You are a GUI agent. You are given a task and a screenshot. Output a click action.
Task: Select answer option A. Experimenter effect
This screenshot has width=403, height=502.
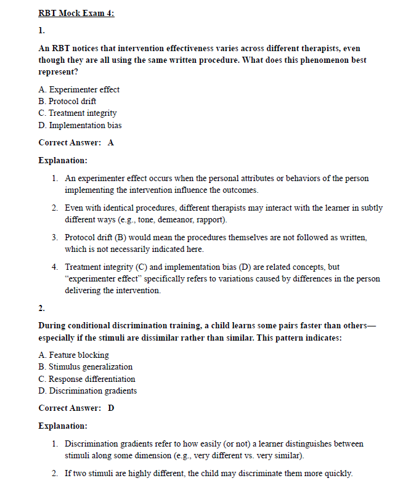(79, 89)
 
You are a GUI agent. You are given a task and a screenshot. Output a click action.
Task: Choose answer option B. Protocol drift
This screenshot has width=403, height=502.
(67, 101)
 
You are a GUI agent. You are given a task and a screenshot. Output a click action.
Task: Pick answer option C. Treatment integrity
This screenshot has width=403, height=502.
(77, 113)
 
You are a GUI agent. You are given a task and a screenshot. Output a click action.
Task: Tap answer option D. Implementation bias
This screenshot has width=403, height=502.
(80, 125)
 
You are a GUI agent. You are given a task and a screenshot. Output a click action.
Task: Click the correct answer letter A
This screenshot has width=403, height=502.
(111, 142)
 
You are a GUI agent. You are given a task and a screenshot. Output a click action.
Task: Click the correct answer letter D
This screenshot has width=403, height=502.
(111, 408)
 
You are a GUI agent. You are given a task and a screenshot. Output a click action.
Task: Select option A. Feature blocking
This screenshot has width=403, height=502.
(73, 355)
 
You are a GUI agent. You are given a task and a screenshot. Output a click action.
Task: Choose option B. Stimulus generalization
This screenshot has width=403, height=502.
(85, 366)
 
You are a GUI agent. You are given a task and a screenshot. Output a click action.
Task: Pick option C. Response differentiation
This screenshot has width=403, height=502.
(86, 379)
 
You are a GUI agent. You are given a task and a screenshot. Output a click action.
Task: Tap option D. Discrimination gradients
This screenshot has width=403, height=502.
(88, 391)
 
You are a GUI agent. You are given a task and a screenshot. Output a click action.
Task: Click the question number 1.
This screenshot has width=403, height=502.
(41, 30)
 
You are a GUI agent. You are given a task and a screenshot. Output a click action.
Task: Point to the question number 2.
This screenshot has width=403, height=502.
(41, 307)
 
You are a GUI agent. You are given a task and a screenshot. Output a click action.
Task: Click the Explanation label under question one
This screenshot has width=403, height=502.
(63, 160)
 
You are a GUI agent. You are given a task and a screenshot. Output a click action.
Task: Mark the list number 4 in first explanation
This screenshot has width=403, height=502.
(55, 267)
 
